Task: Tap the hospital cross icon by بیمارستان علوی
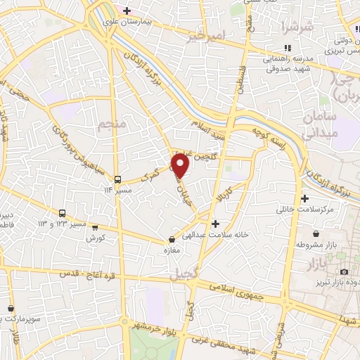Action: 127,11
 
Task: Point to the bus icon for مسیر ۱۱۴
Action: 117,179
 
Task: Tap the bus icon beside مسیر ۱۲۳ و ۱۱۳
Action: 62,213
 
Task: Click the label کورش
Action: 95,238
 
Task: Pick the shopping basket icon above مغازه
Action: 172,239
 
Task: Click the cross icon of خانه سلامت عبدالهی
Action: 215,224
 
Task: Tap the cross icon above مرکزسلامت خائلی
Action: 305,198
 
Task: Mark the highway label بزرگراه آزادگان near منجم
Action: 148,73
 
